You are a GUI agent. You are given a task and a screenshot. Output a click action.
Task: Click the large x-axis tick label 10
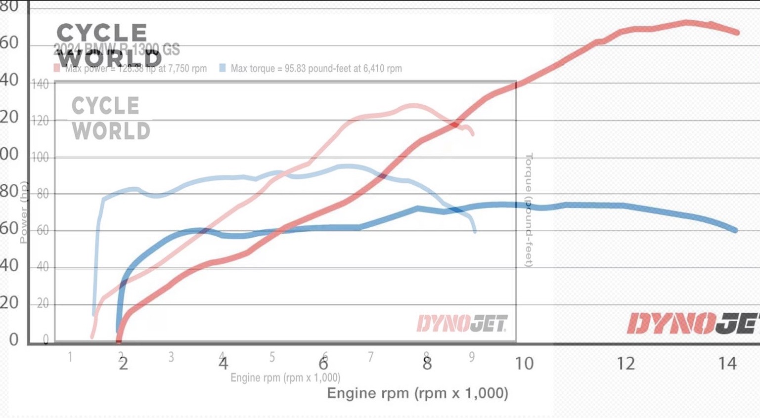[x=524, y=364]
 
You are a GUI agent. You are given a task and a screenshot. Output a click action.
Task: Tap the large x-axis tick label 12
[x=626, y=364]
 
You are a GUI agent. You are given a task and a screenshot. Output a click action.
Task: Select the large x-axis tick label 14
[x=727, y=364]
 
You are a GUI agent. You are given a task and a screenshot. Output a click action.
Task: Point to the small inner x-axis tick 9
[x=472, y=356]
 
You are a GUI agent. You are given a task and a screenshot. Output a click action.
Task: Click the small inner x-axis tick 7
[x=371, y=356]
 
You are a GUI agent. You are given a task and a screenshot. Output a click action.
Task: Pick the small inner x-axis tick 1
[x=70, y=356]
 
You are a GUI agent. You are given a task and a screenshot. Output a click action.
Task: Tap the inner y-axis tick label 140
[x=41, y=84]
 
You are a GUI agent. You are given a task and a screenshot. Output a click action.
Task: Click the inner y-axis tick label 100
[x=41, y=158]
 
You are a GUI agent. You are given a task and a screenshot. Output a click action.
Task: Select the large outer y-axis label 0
[x=13, y=339]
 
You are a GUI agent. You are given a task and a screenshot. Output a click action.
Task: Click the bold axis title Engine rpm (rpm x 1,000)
[x=417, y=393]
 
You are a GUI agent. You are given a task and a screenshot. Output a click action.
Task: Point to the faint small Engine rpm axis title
[x=285, y=378]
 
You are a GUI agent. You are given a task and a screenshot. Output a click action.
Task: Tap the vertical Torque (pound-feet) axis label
[x=529, y=210]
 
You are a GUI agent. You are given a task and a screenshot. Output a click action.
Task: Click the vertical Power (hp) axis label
[x=23, y=212]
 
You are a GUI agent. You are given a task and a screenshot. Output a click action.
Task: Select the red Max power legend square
[x=57, y=68]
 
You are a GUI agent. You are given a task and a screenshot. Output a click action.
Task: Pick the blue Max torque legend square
[x=223, y=68]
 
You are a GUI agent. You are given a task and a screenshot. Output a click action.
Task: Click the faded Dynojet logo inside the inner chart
[x=462, y=324]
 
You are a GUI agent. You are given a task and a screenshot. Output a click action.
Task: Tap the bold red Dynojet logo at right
[x=692, y=324]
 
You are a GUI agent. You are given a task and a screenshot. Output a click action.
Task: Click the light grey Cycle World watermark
[x=111, y=119]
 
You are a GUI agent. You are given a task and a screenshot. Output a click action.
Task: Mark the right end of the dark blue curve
[x=736, y=230]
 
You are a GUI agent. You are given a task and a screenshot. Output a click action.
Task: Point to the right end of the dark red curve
[x=737, y=32]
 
